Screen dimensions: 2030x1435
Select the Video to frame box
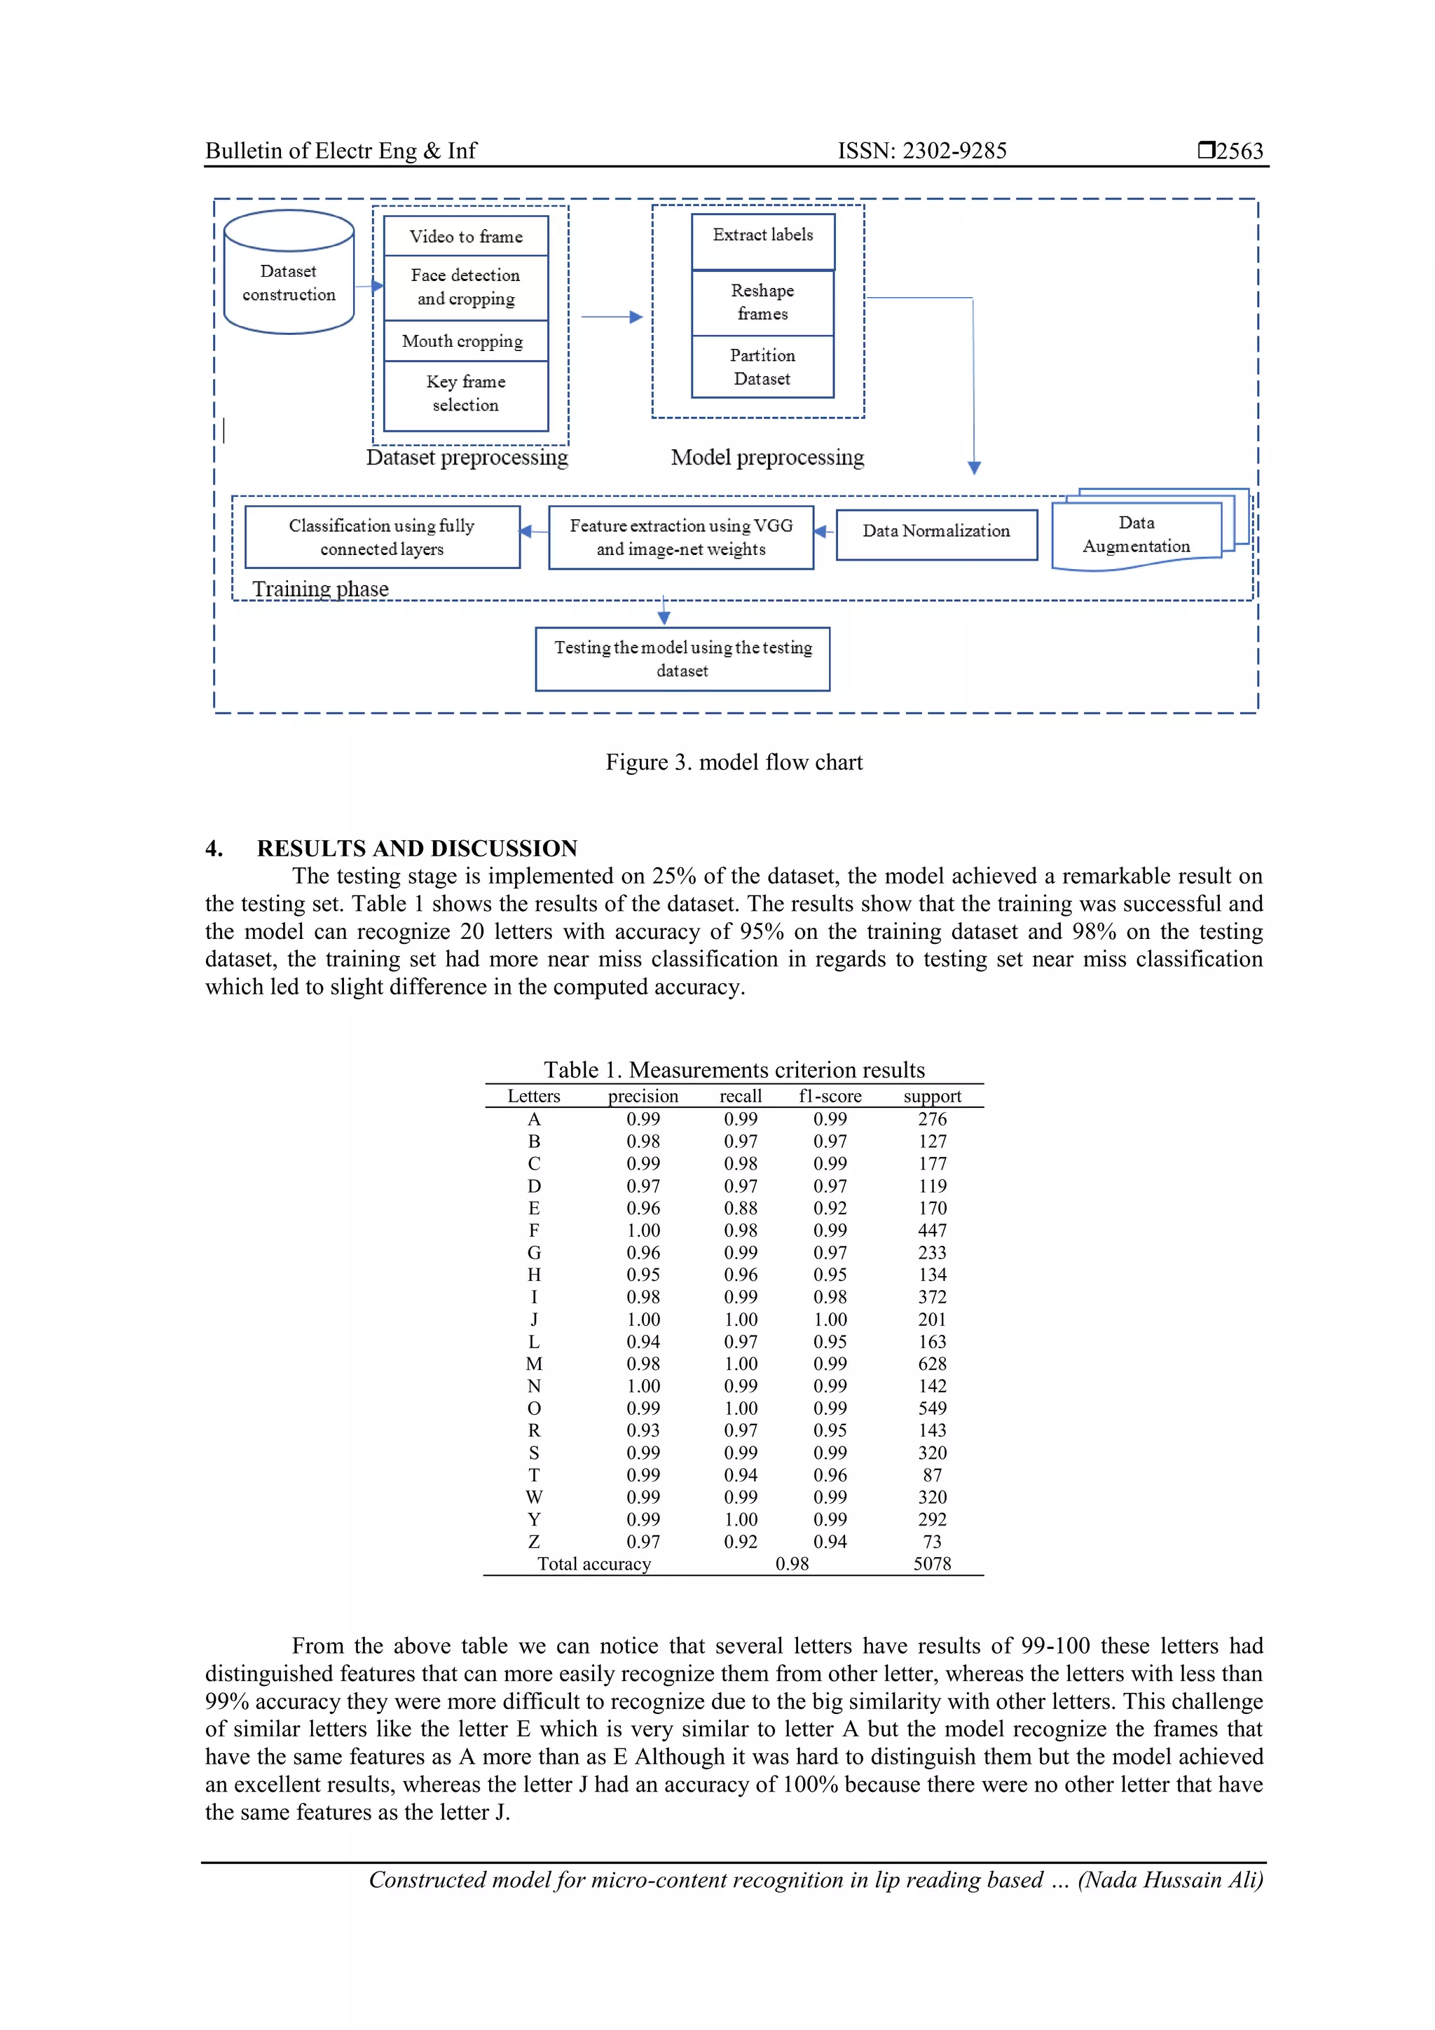point(466,236)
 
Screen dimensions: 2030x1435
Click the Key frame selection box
point(466,393)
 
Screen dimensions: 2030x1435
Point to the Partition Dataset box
point(762,367)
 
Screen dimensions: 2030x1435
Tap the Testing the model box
point(682,659)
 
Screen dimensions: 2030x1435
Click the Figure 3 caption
point(733,762)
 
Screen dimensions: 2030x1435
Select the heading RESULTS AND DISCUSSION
point(416,848)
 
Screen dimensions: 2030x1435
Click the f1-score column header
point(830,1097)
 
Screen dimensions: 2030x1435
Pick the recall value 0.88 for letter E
point(740,1208)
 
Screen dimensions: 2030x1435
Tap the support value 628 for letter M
point(932,1364)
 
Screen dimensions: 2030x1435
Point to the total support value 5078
point(932,1563)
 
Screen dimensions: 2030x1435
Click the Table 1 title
point(733,1070)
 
